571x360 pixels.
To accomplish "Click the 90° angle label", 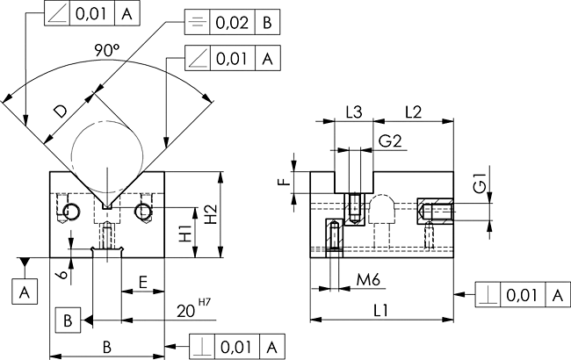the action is pyautogui.click(x=106, y=50).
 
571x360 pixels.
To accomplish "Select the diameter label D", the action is pyautogui.click(x=61, y=111).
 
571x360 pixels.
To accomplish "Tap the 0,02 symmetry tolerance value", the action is pyautogui.click(x=232, y=23).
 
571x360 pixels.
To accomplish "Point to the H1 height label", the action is pyautogui.click(x=186, y=234).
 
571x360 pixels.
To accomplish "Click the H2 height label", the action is pyautogui.click(x=211, y=215).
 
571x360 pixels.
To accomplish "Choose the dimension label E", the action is pyautogui.click(x=142, y=282).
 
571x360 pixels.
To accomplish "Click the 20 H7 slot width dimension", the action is pyautogui.click(x=194, y=309).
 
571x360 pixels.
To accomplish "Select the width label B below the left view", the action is pyautogui.click(x=106, y=347).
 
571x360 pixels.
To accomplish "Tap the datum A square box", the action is pyautogui.click(x=25, y=292).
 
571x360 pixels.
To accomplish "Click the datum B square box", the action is pyautogui.click(x=68, y=320).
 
